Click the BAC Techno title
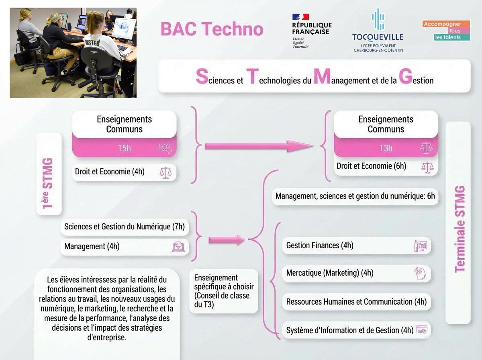click(x=212, y=29)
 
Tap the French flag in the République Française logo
click(x=300, y=17)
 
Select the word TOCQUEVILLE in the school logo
click(x=378, y=37)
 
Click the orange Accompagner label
click(x=446, y=24)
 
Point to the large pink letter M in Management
click(x=322, y=76)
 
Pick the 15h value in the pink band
click(x=124, y=148)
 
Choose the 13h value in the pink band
click(x=386, y=148)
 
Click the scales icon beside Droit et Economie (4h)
click(x=165, y=173)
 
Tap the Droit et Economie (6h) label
click(x=371, y=166)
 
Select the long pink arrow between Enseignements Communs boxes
click(x=259, y=146)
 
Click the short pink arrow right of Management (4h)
click(x=227, y=240)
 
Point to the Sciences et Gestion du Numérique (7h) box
click(x=125, y=227)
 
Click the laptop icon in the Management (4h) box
click(x=178, y=247)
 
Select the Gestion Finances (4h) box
click(x=356, y=245)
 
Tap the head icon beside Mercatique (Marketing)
click(x=420, y=274)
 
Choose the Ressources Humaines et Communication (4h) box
click(x=356, y=302)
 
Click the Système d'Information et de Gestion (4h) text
click(x=350, y=330)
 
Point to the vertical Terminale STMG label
click(x=460, y=229)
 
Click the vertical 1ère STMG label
click(x=48, y=183)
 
